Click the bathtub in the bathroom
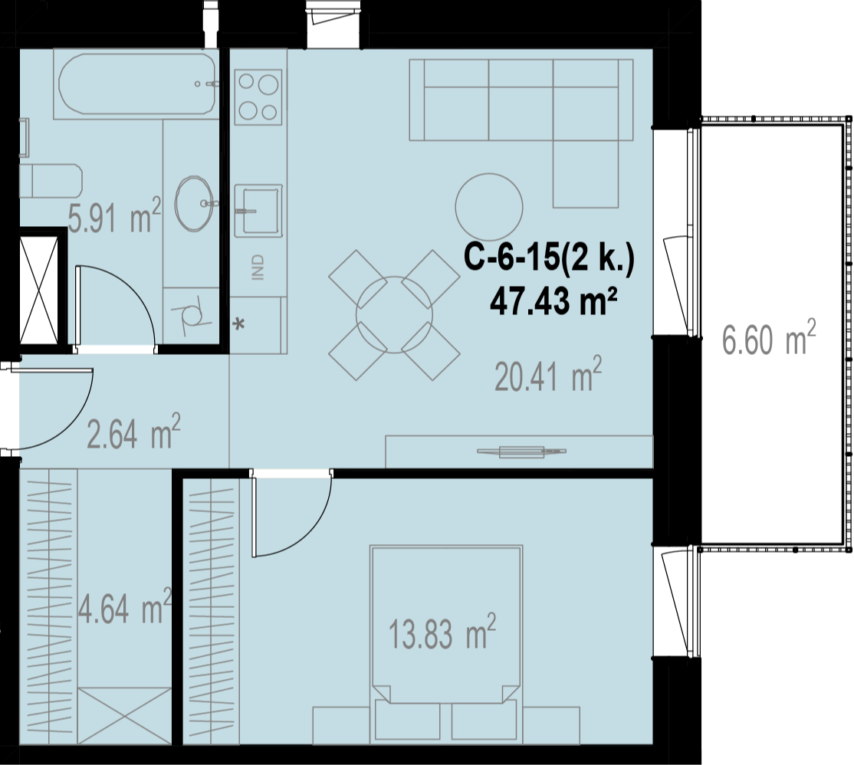pos(136,84)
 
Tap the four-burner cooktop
pos(258,97)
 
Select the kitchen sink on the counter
pos(258,210)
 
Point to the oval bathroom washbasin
pos(194,204)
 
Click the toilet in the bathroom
pos(51,181)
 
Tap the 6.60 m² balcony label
pos(769,337)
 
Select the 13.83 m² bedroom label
pos(442,632)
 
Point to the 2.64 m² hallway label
pos(133,432)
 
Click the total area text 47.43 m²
pos(553,301)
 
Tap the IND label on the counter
pos(258,268)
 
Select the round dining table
pos(394,314)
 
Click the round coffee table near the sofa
pos(489,207)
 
